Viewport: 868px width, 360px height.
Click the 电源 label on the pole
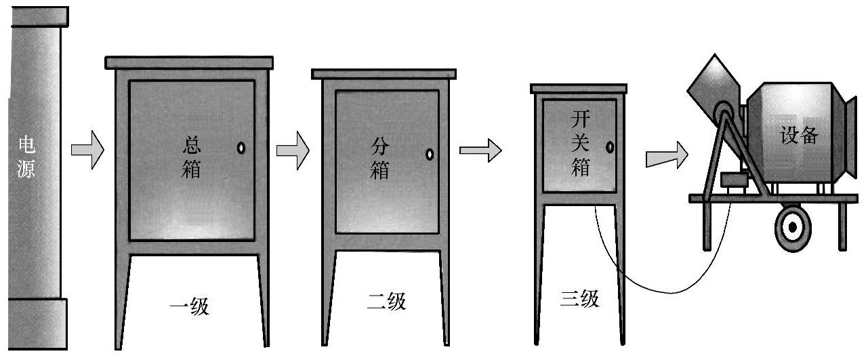28,155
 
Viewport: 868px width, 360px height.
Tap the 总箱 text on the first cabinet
192,157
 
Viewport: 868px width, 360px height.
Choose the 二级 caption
386,302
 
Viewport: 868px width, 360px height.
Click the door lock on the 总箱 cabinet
241,148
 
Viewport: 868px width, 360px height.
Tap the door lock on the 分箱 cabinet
430,154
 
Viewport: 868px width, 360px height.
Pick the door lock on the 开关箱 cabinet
610,146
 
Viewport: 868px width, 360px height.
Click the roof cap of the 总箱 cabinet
190,62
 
